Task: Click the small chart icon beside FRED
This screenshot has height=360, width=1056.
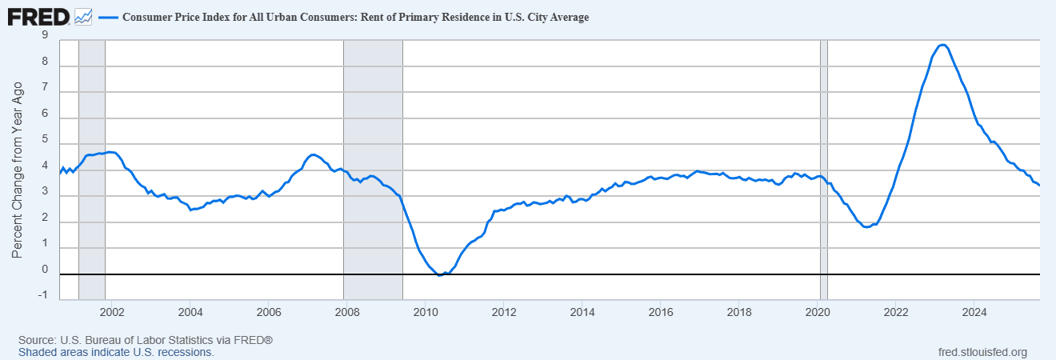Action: click(83, 16)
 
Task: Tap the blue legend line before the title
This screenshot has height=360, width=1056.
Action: click(107, 17)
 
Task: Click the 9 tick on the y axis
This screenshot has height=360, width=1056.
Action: click(44, 36)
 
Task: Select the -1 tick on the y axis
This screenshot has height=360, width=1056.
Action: click(42, 295)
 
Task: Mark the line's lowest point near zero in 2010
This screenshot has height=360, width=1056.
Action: click(440, 274)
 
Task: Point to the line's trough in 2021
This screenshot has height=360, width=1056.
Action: click(867, 226)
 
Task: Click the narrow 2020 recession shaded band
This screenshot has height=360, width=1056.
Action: click(824, 160)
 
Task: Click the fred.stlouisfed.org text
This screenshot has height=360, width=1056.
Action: click(982, 352)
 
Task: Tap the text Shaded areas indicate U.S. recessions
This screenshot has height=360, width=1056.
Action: click(116, 352)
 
